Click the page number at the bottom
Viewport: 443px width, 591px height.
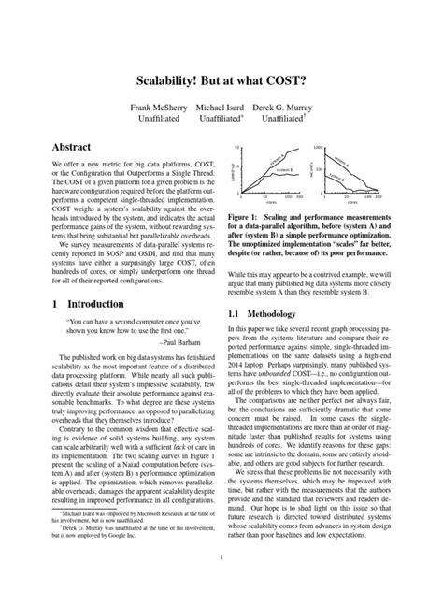[221, 558]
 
